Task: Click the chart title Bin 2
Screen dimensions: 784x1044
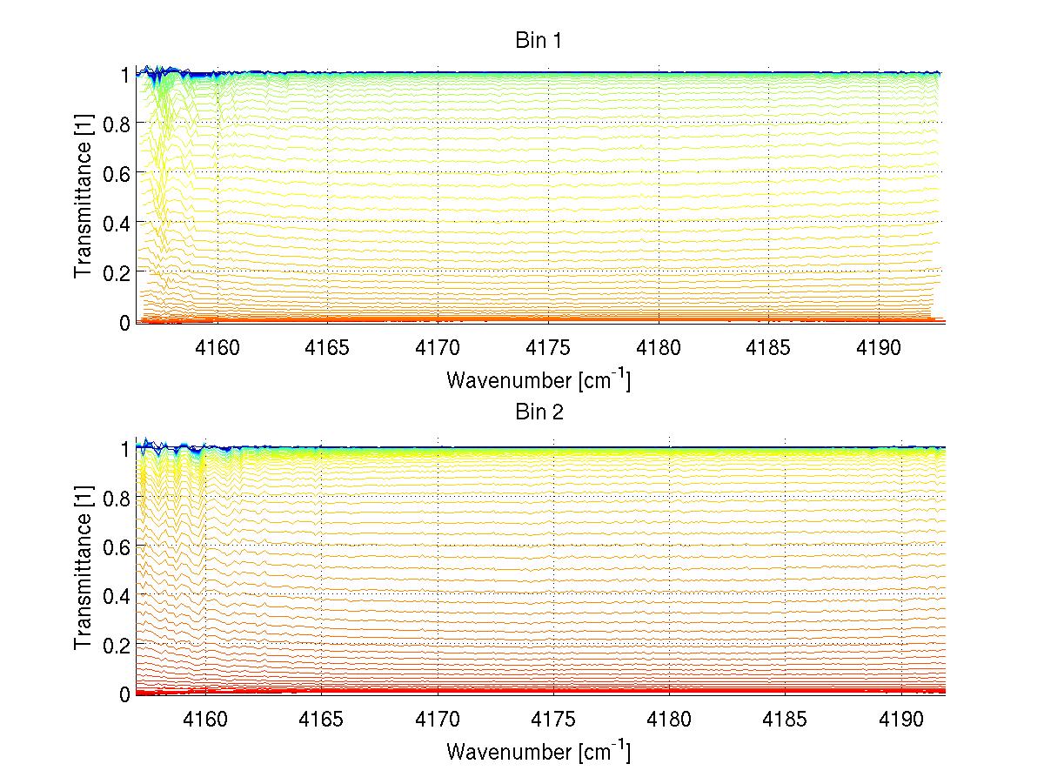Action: click(x=539, y=412)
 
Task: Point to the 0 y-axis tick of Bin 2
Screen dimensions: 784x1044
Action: click(x=124, y=694)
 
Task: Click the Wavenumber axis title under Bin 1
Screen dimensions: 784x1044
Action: click(x=539, y=379)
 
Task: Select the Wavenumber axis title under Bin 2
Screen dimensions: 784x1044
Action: click(x=539, y=751)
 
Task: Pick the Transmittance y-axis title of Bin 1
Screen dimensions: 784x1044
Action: click(x=84, y=198)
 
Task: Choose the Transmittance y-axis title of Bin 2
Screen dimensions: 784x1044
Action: click(x=84, y=570)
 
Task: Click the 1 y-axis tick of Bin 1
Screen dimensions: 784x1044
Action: click(x=124, y=75)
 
